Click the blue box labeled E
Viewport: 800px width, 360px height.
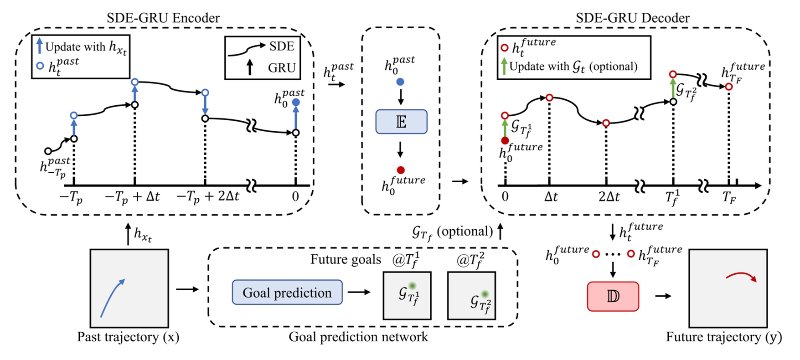(x=401, y=122)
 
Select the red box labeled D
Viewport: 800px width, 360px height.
(x=613, y=296)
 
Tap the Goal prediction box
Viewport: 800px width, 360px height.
(x=287, y=292)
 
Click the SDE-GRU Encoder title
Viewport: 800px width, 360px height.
(x=163, y=18)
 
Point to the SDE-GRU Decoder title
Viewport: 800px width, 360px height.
(x=633, y=18)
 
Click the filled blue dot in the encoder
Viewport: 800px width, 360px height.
(x=296, y=103)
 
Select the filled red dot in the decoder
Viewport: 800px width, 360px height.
(x=505, y=140)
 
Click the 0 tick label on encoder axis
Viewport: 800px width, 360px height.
(x=295, y=196)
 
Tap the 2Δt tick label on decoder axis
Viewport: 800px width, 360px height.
(x=609, y=197)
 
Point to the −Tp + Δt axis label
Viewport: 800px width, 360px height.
(x=132, y=197)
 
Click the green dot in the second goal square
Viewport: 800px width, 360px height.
(x=485, y=294)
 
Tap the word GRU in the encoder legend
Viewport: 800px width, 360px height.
(x=282, y=68)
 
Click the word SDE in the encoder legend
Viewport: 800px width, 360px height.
(x=282, y=46)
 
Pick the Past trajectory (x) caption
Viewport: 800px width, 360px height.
(x=128, y=337)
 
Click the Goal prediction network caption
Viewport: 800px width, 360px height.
(x=358, y=337)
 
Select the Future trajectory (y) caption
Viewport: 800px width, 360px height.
(x=724, y=337)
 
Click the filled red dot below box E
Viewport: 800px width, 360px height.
(x=401, y=170)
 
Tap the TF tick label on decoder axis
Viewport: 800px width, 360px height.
(x=729, y=197)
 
